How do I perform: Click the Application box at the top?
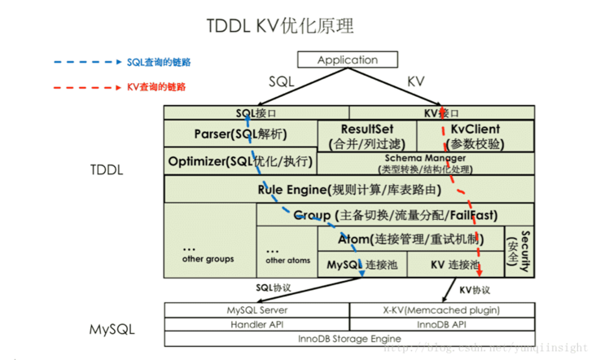tap(348, 60)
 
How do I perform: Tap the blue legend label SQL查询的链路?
tap(159, 62)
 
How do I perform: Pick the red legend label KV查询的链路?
tap(156, 86)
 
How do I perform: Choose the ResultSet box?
tap(366, 136)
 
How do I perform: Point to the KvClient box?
tap(475, 136)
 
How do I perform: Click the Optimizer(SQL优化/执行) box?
tap(240, 161)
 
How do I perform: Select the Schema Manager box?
tap(425, 162)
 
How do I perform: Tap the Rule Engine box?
tap(349, 190)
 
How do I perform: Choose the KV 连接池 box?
tap(454, 266)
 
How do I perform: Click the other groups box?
tap(209, 252)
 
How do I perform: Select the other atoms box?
tap(287, 255)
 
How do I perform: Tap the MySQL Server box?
tap(256, 310)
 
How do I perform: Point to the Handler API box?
tap(256, 324)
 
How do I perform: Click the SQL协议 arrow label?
tap(273, 288)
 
